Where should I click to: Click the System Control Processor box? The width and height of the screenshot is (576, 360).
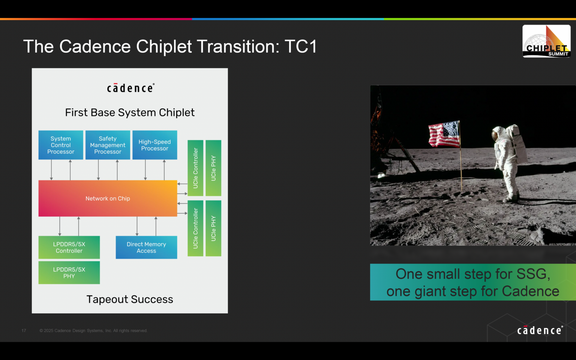coord(61,145)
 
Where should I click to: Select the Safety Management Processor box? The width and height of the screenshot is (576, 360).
coord(108,145)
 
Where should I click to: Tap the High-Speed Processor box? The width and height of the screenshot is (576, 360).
coord(154,145)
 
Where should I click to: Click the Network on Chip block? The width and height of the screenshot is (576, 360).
coord(108,198)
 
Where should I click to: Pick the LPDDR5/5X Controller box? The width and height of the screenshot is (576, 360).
coord(69,247)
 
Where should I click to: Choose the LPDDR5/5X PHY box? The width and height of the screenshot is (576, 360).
coord(69,273)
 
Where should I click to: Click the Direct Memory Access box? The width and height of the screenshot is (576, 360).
coord(146,247)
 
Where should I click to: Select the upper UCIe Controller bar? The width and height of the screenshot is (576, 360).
coord(195,168)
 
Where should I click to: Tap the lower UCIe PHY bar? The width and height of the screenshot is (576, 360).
coord(213,228)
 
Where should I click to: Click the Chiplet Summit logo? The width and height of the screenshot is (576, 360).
coord(546,41)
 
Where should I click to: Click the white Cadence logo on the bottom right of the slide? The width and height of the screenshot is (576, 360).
coord(540,330)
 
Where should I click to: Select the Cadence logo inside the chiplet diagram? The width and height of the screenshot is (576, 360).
coord(130,88)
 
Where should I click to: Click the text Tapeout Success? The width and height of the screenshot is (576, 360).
coord(130,299)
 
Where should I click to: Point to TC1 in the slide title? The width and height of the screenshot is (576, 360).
coord(301,47)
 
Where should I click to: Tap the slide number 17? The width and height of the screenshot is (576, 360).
coord(24,331)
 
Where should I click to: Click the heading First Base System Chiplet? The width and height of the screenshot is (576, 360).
coord(130,112)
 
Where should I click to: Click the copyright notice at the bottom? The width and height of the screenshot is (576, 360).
coord(93,331)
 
